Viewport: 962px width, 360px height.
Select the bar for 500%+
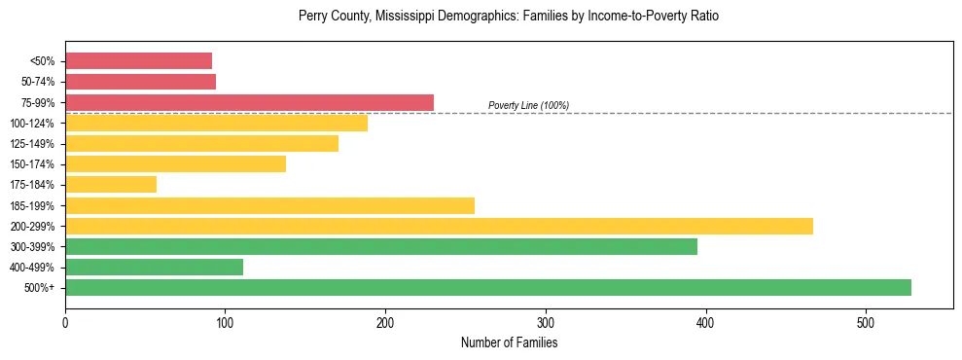tap(487, 287)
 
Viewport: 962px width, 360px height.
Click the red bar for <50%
tap(138, 60)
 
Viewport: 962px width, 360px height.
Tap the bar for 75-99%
tap(249, 102)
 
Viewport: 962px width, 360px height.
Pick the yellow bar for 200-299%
tap(439, 226)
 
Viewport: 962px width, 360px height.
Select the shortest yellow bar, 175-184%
tap(111, 185)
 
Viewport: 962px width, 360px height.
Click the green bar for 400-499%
tap(154, 267)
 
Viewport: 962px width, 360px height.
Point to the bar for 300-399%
tap(381, 246)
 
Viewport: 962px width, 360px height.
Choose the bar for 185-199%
tap(269, 205)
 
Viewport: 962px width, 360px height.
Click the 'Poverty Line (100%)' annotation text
tap(528, 105)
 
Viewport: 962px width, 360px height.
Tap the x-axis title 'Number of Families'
tap(509, 343)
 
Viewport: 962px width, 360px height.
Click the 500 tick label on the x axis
tap(866, 323)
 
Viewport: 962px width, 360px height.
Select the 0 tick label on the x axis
tap(65, 323)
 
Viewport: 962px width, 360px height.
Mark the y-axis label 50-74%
tap(40, 82)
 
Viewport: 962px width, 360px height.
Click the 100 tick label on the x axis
tap(225, 323)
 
